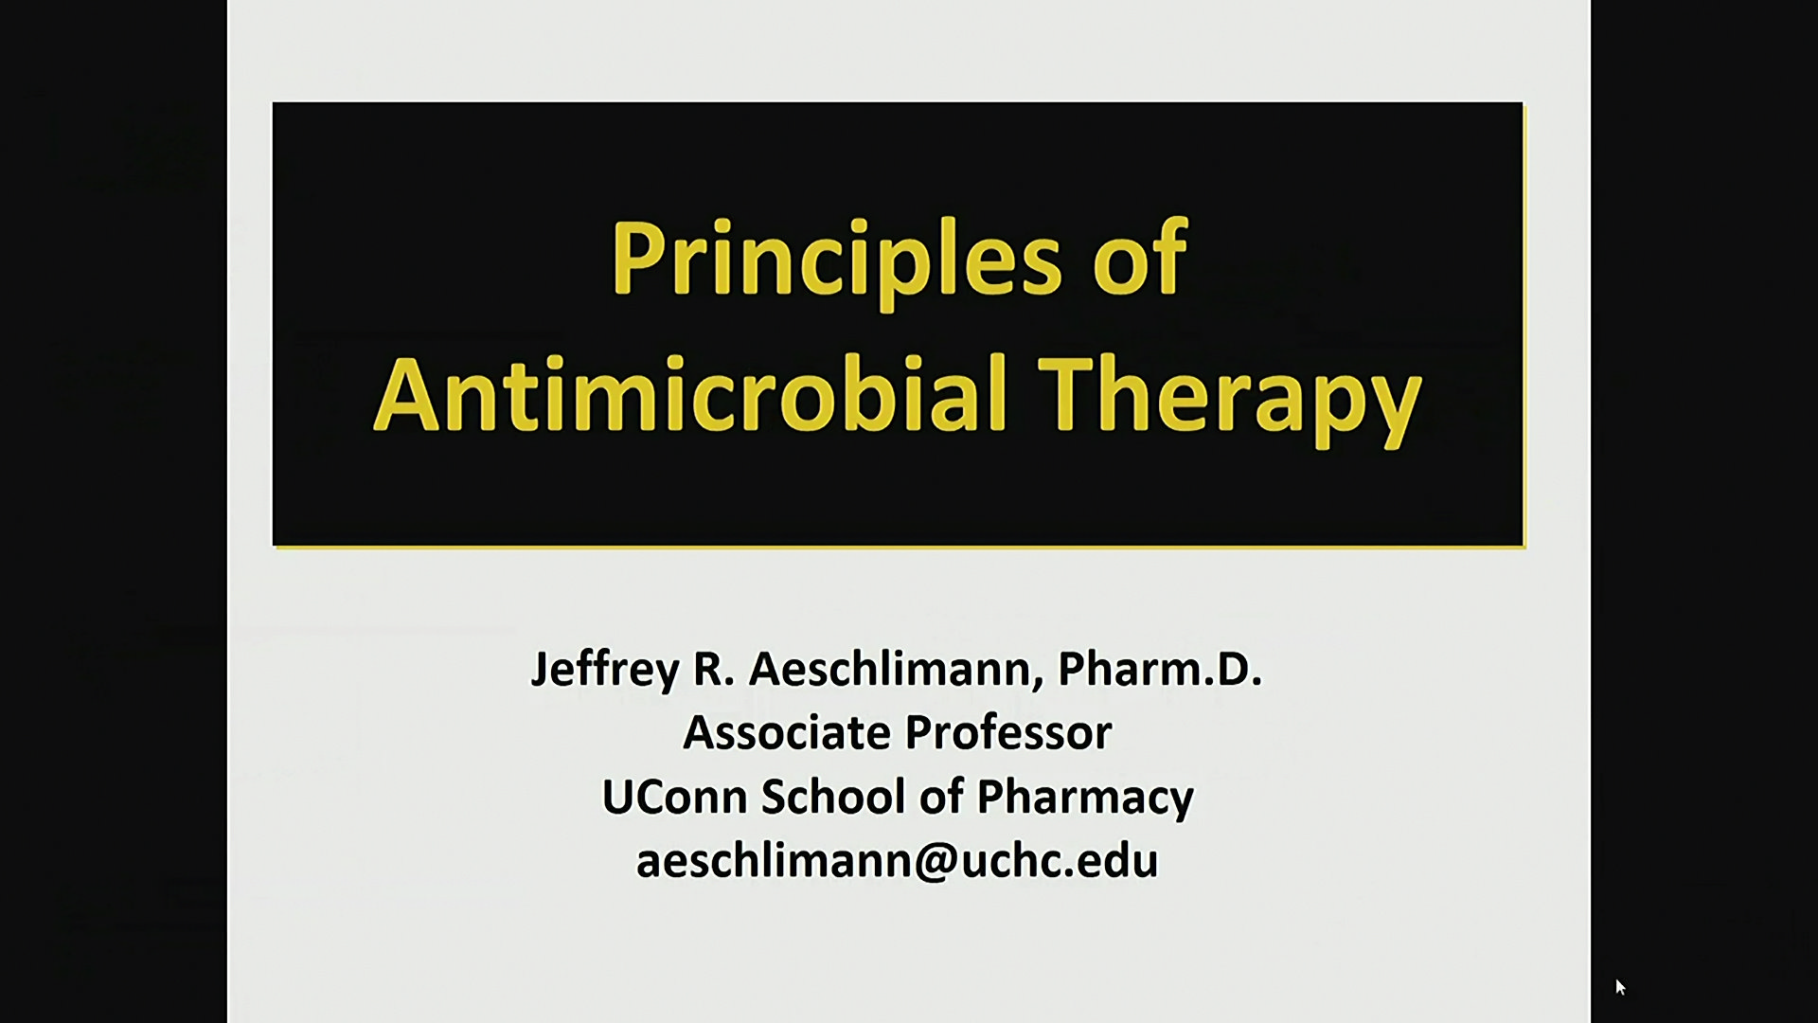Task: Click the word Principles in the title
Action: (x=837, y=260)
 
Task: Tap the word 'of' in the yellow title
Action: (x=1141, y=257)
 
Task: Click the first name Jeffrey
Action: (x=605, y=671)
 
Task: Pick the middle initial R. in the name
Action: (x=714, y=670)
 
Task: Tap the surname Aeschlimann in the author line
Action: (x=896, y=669)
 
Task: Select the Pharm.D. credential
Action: (x=1160, y=669)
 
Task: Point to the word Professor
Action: (x=1008, y=733)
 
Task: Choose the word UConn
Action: (x=675, y=797)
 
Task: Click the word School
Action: (x=833, y=797)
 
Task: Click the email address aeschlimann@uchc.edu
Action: (x=897, y=861)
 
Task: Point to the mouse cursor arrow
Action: (x=1620, y=987)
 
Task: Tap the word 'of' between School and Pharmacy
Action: (x=941, y=797)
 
